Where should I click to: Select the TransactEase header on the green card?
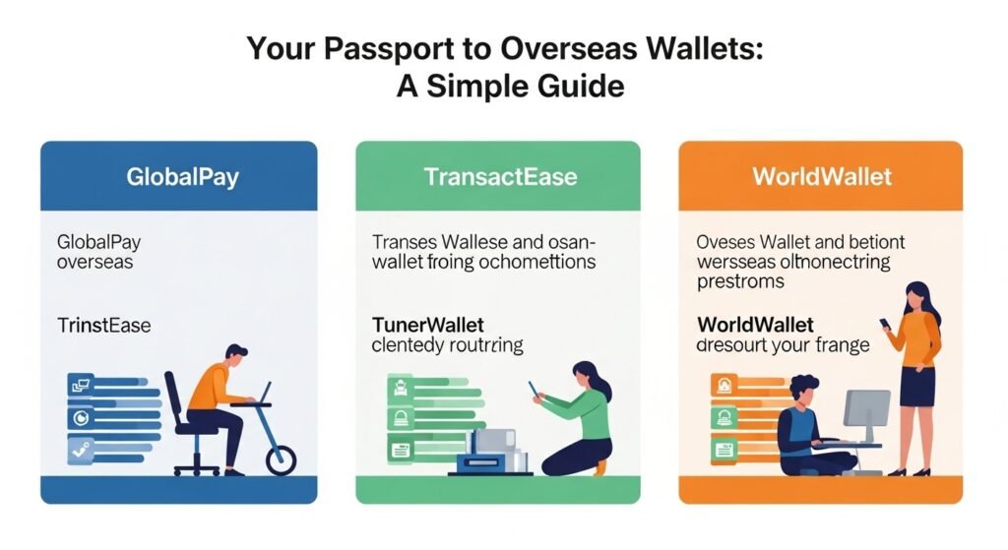pos(500,177)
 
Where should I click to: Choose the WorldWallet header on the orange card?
pos(822,177)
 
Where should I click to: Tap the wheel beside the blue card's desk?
pos(279,458)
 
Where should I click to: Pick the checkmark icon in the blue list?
pos(80,450)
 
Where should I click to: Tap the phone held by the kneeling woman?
pos(533,389)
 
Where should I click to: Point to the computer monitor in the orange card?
pos(866,408)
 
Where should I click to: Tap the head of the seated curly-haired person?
pos(805,388)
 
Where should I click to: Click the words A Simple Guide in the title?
pos(510,87)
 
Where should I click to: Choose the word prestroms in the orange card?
pos(740,281)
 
